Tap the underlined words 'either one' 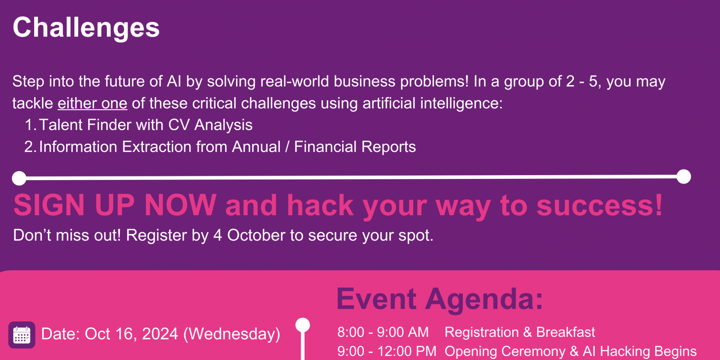tap(92, 103)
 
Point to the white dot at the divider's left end tap(19, 178)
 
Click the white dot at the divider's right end tap(684, 177)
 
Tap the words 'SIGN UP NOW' tap(115, 205)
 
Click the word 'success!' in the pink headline tap(600, 205)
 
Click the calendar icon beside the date tap(22, 335)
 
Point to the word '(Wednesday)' tap(232, 334)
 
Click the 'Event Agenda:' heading tap(440, 299)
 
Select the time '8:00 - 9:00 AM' tap(383, 332)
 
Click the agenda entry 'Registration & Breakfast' tap(520, 332)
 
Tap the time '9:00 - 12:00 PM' tap(387, 351)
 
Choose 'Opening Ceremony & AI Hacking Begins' tap(570, 351)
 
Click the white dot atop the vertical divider tap(303, 325)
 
